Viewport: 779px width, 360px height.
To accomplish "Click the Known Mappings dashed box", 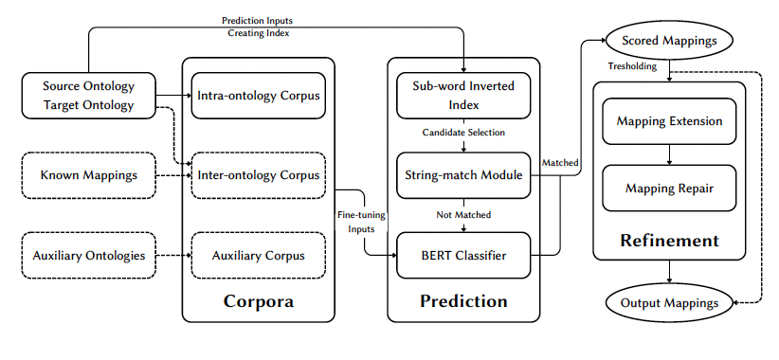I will click(88, 175).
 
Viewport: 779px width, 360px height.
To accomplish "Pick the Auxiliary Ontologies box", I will click(88, 256).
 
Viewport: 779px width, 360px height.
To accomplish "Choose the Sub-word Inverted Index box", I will click(463, 95).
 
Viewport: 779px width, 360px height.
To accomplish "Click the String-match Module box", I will click(463, 175).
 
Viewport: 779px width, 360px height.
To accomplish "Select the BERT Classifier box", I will click(463, 256).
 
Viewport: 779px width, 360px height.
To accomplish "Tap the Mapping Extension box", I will click(669, 121).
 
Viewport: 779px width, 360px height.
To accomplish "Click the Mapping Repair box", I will click(669, 189).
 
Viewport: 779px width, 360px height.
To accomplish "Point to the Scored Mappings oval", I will click(669, 42).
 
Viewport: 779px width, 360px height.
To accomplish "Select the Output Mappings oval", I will click(669, 303).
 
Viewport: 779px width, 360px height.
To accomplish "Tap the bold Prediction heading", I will click(463, 302).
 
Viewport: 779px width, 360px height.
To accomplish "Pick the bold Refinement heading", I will click(669, 241).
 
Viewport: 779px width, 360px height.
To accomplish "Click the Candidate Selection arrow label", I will click(463, 132).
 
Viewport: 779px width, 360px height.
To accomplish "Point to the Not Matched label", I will click(463, 215).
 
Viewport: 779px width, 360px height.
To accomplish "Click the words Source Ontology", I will click(88, 86).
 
